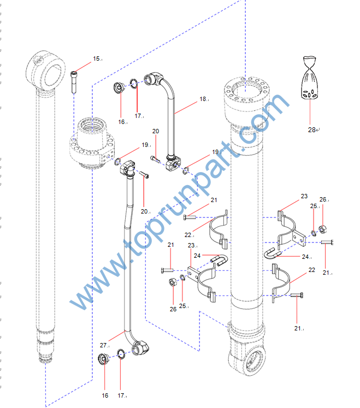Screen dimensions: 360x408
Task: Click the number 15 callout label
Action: point(96,59)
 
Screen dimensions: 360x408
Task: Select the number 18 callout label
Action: point(203,99)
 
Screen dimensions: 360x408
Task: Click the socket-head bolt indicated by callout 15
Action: point(74,82)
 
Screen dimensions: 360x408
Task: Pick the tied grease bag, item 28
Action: point(310,78)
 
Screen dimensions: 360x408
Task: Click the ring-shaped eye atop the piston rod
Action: point(45,70)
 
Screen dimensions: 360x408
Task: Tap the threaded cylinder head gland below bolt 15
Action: point(92,143)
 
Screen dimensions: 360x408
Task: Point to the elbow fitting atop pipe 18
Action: point(154,78)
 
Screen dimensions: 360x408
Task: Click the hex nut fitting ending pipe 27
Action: point(140,347)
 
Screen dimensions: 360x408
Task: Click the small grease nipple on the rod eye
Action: point(38,61)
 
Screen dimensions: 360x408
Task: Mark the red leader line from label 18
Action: point(186,108)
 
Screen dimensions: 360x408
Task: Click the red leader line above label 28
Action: point(310,112)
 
